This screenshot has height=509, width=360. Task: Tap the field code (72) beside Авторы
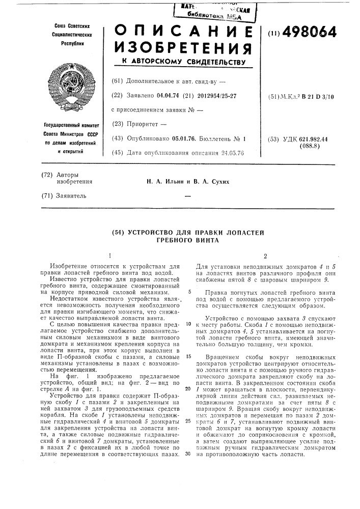coord(47,174)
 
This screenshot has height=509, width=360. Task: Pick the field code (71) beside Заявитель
coord(47,195)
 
